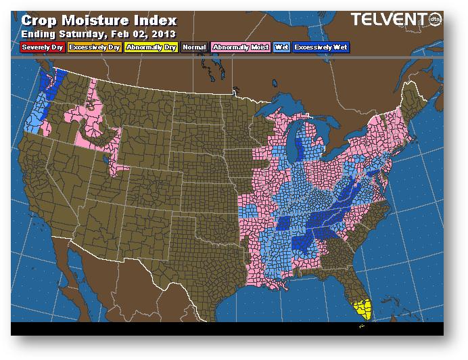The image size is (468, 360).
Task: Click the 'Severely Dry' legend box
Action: point(42,48)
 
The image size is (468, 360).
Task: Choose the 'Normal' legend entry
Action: point(194,48)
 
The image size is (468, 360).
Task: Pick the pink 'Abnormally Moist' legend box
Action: point(240,48)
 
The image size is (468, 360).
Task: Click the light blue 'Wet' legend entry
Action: point(281,48)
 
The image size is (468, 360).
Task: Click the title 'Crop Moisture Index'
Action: point(99,20)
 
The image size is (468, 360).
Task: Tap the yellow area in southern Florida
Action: point(364,308)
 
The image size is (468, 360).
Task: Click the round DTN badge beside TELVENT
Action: point(436,20)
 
